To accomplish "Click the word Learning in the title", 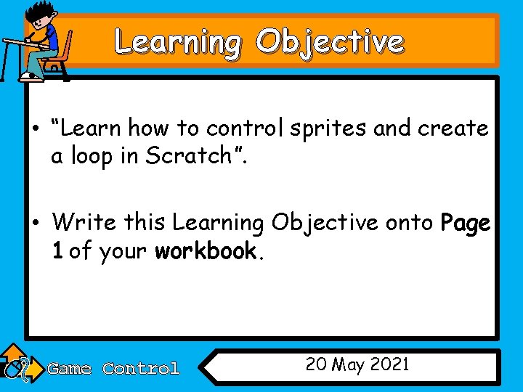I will [177, 42].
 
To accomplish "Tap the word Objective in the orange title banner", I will [329, 42].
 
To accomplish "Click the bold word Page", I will [466, 223].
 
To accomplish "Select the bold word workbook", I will [206, 251].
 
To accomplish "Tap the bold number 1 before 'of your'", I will [57, 251].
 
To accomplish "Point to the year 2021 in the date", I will [389, 364].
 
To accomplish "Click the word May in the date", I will [349, 365].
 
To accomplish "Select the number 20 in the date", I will [316, 364].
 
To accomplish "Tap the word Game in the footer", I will [69, 369].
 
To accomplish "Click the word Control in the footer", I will [141, 369].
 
